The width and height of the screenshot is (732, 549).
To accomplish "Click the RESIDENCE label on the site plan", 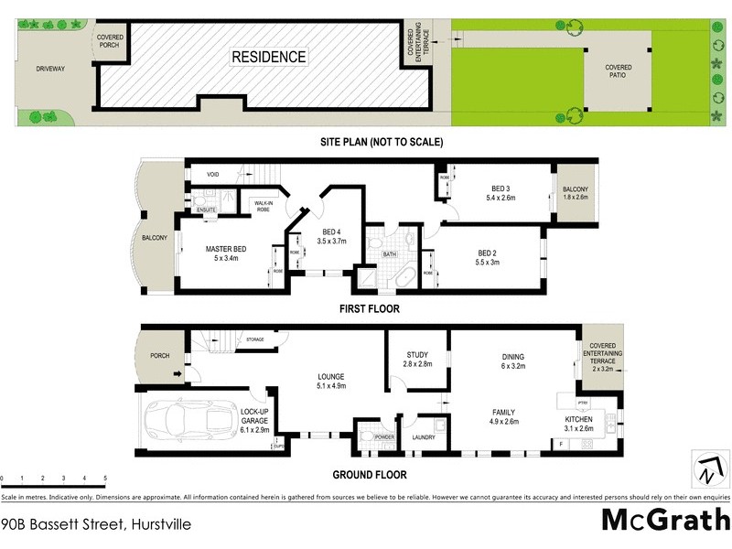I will (x=268, y=57).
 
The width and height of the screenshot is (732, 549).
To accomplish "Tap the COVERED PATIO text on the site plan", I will (x=619, y=72).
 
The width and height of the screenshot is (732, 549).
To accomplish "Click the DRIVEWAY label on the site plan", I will (x=51, y=69).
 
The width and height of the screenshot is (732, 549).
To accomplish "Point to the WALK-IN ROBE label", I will (x=264, y=206).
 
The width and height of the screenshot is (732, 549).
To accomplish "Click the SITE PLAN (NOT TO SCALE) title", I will (x=382, y=142).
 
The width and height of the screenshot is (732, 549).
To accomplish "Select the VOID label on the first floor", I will (x=212, y=174).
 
